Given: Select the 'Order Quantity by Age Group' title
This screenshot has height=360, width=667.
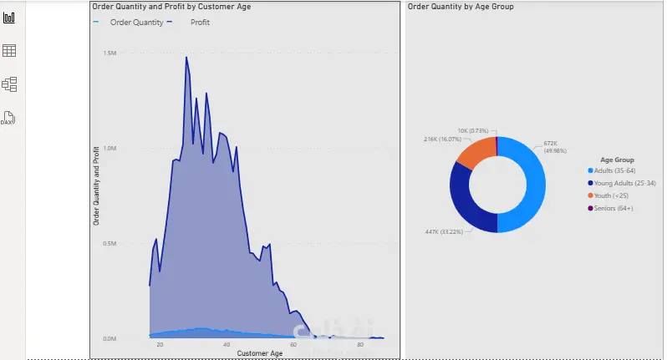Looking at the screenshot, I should [x=461, y=7].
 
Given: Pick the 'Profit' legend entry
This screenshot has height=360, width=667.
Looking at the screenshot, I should [x=200, y=23].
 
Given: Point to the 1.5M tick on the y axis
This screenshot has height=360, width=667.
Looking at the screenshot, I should [x=109, y=53].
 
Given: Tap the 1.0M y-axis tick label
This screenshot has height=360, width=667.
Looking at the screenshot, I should [x=109, y=148].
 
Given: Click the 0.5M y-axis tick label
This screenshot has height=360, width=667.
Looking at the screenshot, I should [x=109, y=244].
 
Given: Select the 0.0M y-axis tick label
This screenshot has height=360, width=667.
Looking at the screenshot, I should [x=109, y=338].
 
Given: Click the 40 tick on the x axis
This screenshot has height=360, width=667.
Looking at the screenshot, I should [x=227, y=345].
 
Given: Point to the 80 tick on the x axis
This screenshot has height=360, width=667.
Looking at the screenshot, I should [x=360, y=345].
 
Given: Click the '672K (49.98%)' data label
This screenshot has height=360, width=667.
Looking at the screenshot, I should [x=556, y=147].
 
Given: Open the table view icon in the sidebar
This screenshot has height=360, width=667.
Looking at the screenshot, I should [x=10, y=51].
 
